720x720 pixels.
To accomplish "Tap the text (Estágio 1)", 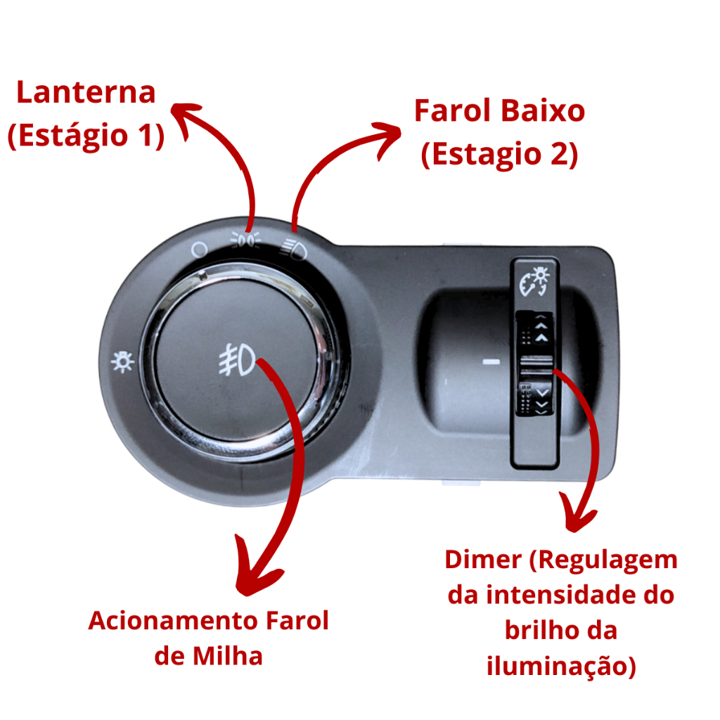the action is point(86,135).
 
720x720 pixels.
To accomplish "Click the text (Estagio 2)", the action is point(500,154).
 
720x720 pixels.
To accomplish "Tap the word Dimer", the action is point(483,560).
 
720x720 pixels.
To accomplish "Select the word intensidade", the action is point(558,595).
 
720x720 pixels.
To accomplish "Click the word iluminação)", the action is point(561,667).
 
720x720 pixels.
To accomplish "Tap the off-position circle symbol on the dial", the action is point(199,250).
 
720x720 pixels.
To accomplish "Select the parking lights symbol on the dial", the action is point(245,240).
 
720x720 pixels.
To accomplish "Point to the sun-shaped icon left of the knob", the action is point(122,362).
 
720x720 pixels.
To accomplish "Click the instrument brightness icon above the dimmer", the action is point(534,281).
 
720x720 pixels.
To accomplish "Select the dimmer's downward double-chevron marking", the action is point(542,400).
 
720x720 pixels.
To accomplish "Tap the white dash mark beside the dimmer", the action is point(491,362).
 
